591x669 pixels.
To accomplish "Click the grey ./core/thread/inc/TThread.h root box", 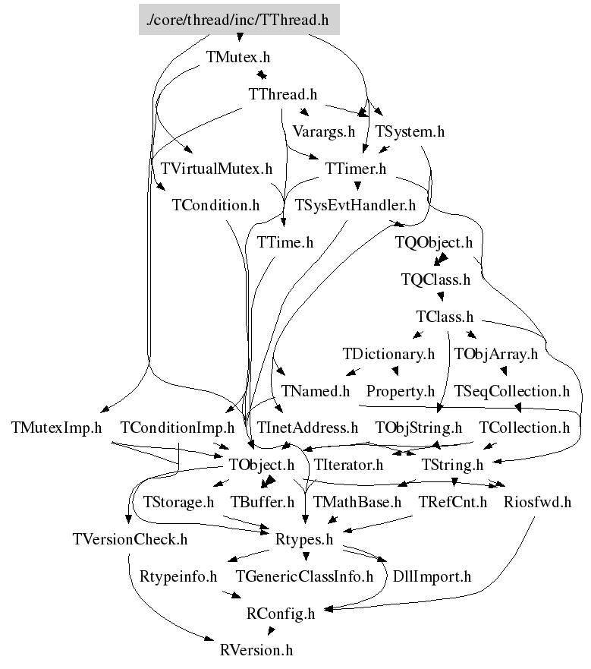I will pos(239,20).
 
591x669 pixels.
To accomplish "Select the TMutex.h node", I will pos(237,57).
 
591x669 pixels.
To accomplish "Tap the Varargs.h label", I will pos(323,131).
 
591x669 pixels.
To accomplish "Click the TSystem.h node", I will pos(410,131).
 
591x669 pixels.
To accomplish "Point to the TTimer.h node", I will pos(356,168).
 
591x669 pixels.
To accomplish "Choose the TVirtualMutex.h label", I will pos(212,168).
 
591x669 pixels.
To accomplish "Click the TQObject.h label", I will pos(435,242).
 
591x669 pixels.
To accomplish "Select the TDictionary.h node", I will pos(389,354).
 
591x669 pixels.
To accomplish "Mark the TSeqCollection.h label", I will pos(511,391).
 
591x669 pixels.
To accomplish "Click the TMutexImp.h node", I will pos(57,428).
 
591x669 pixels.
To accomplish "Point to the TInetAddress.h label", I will pos(307,428).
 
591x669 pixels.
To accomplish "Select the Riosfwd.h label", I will pos(537,501).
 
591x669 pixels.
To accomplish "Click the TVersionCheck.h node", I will pos(130,539).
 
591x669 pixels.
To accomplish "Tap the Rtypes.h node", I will pos(303,539).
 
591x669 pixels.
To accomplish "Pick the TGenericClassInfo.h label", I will pos(305,576).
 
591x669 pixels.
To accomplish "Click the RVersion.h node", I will pos(256,650).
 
